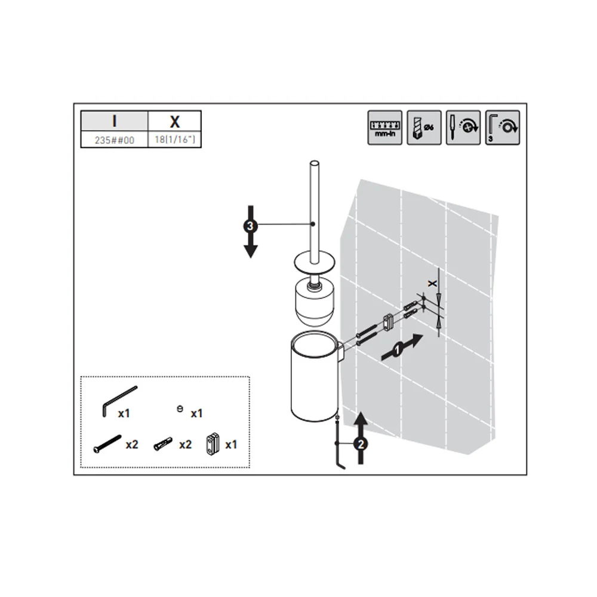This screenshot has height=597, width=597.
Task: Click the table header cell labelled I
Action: point(114,121)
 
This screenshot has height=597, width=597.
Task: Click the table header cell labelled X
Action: point(175,121)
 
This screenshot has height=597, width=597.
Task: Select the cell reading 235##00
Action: point(114,140)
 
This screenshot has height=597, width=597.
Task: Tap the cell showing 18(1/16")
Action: point(175,140)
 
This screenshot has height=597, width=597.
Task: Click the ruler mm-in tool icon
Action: point(384,128)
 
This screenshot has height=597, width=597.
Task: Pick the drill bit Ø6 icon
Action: point(424,128)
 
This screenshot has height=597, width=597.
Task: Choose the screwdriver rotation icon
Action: point(463,128)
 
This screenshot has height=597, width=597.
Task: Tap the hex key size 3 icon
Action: point(502,128)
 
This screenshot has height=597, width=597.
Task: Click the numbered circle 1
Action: point(398,349)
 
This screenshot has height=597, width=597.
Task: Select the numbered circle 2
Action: point(361,444)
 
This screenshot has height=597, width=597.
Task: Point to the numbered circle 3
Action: point(250,226)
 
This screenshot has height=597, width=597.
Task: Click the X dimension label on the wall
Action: point(432,283)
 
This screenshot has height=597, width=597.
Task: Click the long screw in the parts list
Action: point(107,444)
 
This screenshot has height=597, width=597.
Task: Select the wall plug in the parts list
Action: point(163,444)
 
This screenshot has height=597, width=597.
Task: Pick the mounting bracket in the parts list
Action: point(213,444)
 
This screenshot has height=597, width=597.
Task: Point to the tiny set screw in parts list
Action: point(180,409)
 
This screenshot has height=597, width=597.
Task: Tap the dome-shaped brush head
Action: point(315,303)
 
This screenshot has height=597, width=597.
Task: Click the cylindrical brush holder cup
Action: point(314,376)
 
